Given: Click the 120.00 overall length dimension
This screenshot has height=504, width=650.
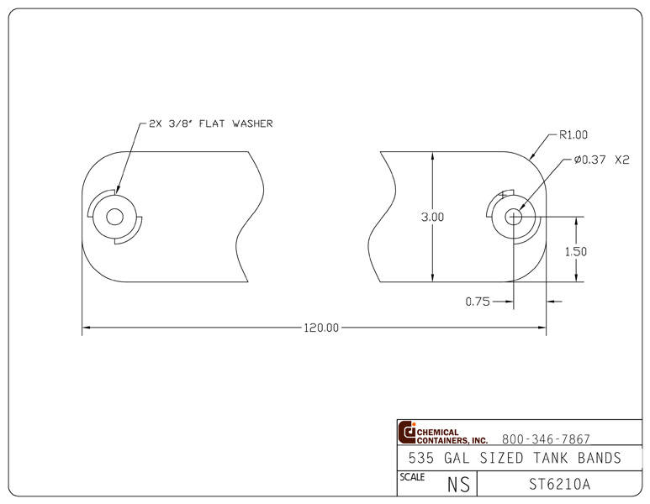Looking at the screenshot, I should pyautogui.click(x=320, y=328).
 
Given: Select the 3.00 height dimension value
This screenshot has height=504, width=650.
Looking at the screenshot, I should pyautogui.click(x=432, y=217).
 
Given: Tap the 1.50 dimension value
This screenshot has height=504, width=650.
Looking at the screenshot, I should pyautogui.click(x=576, y=251).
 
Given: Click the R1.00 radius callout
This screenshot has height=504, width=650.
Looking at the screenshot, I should pyautogui.click(x=573, y=134).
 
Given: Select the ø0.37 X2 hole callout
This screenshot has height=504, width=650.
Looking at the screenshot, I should pyautogui.click(x=601, y=160).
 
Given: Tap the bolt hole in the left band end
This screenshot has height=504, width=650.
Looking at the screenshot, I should pyautogui.click(x=114, y=217).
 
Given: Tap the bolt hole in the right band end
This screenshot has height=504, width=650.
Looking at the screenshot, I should pyautogui.click(x=513, y=217).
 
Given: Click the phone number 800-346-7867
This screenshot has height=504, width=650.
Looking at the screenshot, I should pyautogui.click(x=546, y=438).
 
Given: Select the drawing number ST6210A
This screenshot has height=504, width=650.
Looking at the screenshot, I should pyautogui.click(x=559, y=484).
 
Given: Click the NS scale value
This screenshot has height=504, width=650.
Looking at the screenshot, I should pyautogui.click(x=458, y=485).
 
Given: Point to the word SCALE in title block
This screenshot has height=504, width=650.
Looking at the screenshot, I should pyautogui.click(x=411, y=477).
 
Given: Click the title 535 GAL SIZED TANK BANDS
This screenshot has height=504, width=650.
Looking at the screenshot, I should pyautogui.click(x=514, y=458).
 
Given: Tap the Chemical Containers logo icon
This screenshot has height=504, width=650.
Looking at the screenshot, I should pyautogui.click(x=408, y=433).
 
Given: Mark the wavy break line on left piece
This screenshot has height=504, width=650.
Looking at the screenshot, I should pyautogui.click(x=252, y=217).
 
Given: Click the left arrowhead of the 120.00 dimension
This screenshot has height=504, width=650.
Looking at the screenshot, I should pyautogui.click(x=86, y=328).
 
